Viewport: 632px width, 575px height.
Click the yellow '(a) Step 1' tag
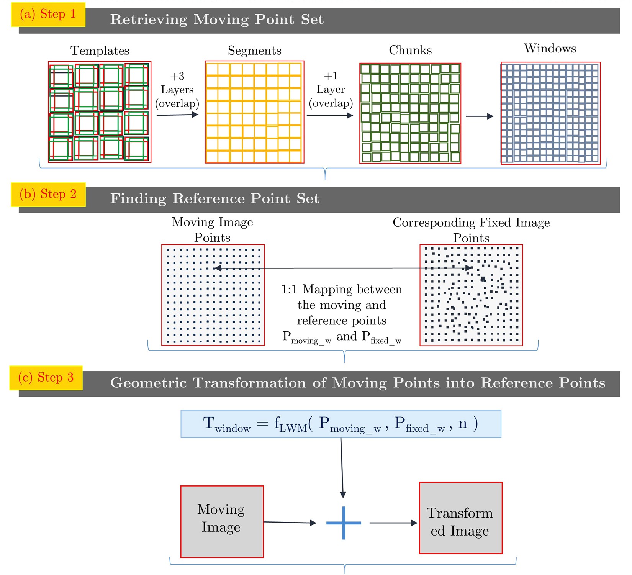(48, 15)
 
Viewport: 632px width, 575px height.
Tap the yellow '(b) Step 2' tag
(48, 194)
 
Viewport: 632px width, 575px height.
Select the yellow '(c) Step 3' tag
(46, 378)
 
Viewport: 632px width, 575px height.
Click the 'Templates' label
(100, 51)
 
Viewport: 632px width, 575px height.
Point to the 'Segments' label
(254, 51)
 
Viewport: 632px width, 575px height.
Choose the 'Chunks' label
(410, 50)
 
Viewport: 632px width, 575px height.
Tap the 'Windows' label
(550, 48)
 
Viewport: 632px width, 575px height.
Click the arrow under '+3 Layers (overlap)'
(177, 115)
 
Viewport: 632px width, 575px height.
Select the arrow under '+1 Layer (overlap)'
(330, 115)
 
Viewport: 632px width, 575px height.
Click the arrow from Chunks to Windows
(480, 116)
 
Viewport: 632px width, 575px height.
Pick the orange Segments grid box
(254, 112)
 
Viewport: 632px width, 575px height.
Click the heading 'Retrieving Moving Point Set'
(217, 20)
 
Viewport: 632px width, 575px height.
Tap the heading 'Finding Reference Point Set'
(214, 198)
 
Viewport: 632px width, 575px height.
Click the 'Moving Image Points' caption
(212, 229)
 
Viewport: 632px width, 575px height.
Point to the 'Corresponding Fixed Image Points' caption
(471, 230)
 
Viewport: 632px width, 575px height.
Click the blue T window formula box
(341, 424)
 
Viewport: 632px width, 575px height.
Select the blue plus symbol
(344, 523)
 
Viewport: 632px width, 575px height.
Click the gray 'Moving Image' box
(222, 521)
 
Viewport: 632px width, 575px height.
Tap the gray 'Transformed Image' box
(460, 518)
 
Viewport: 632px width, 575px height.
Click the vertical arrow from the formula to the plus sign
(342, 467)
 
